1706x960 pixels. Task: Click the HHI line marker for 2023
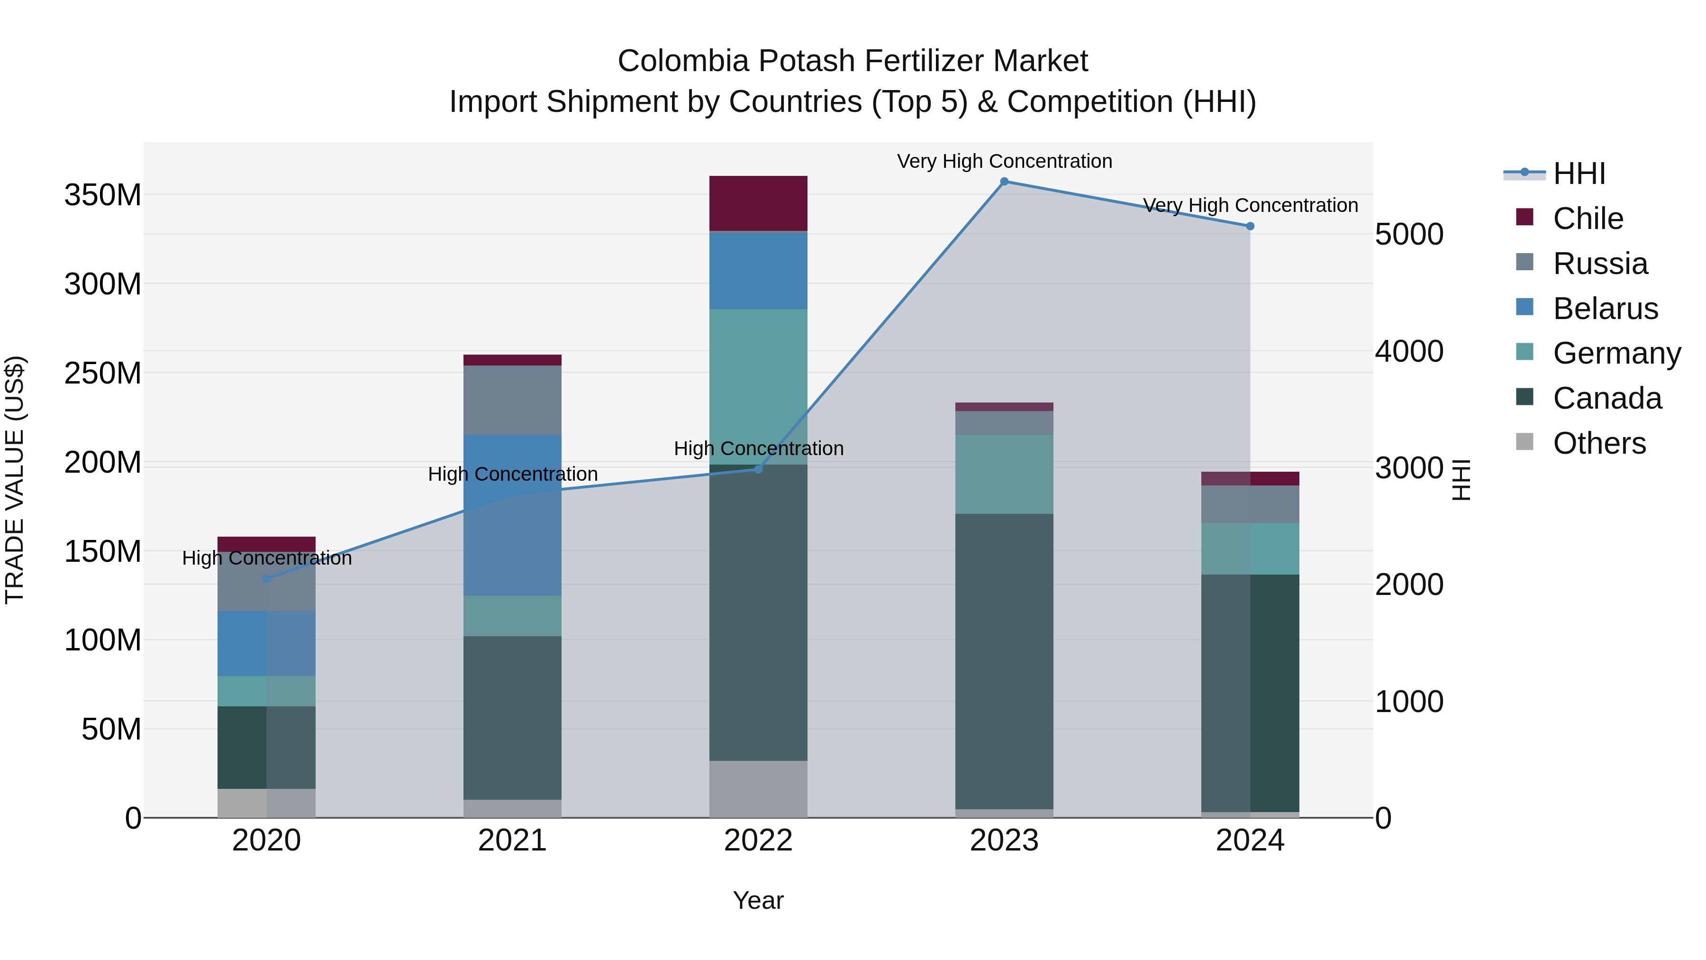(1004, 182)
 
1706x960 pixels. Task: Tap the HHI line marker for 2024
(1250, 226)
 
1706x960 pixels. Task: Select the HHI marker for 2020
(266, 578)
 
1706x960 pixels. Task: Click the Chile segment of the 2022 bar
(758, 203)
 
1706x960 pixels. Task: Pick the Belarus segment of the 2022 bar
(758, 270)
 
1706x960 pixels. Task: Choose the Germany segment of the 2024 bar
(1250, 548)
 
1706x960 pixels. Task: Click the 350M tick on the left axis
(103, 195)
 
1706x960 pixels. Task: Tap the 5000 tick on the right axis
(1409, 235)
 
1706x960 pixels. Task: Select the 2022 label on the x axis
(758, 841)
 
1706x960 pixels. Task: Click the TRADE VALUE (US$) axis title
(15, 480)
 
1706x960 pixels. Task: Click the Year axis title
(758, 900)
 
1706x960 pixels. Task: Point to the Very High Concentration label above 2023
(1004, 161)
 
